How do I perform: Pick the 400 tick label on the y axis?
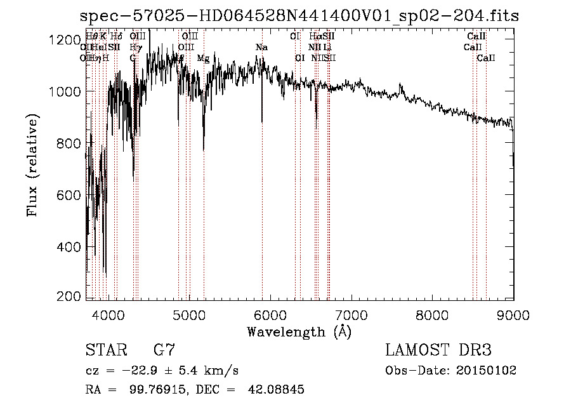pyautogui.click(x=70, y=246)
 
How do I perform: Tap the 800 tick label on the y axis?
pyautogui.click(x=70, y=143)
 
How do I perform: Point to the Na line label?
pyautogui.click(x=261, y=48)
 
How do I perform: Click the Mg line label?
pyautogui.click(x=203, y=58)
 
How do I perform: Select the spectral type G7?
pyautogui.click(x=164, y=350)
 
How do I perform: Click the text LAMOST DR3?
pyautogui.click(x=438, y=350)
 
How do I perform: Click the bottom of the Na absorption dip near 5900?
pyautogui.click(x=262, y=121)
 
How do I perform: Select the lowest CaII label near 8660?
pyautogui.click(x=486, y=58)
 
